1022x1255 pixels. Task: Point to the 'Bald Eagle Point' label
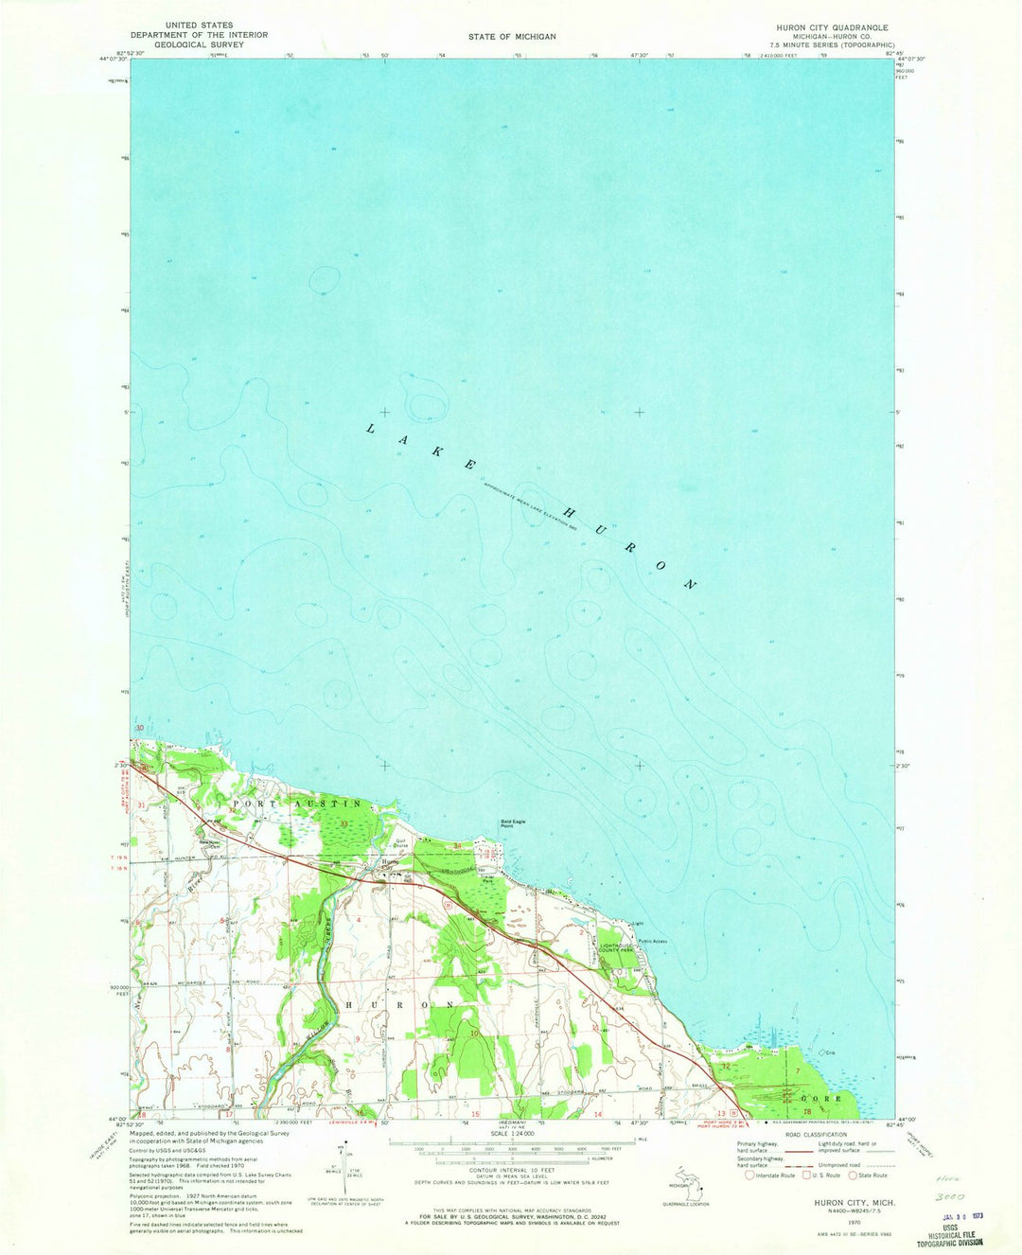[x=516, y=822]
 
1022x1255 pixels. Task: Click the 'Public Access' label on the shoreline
[x=653, y=941]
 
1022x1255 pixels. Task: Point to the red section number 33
[x=344, y=824]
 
